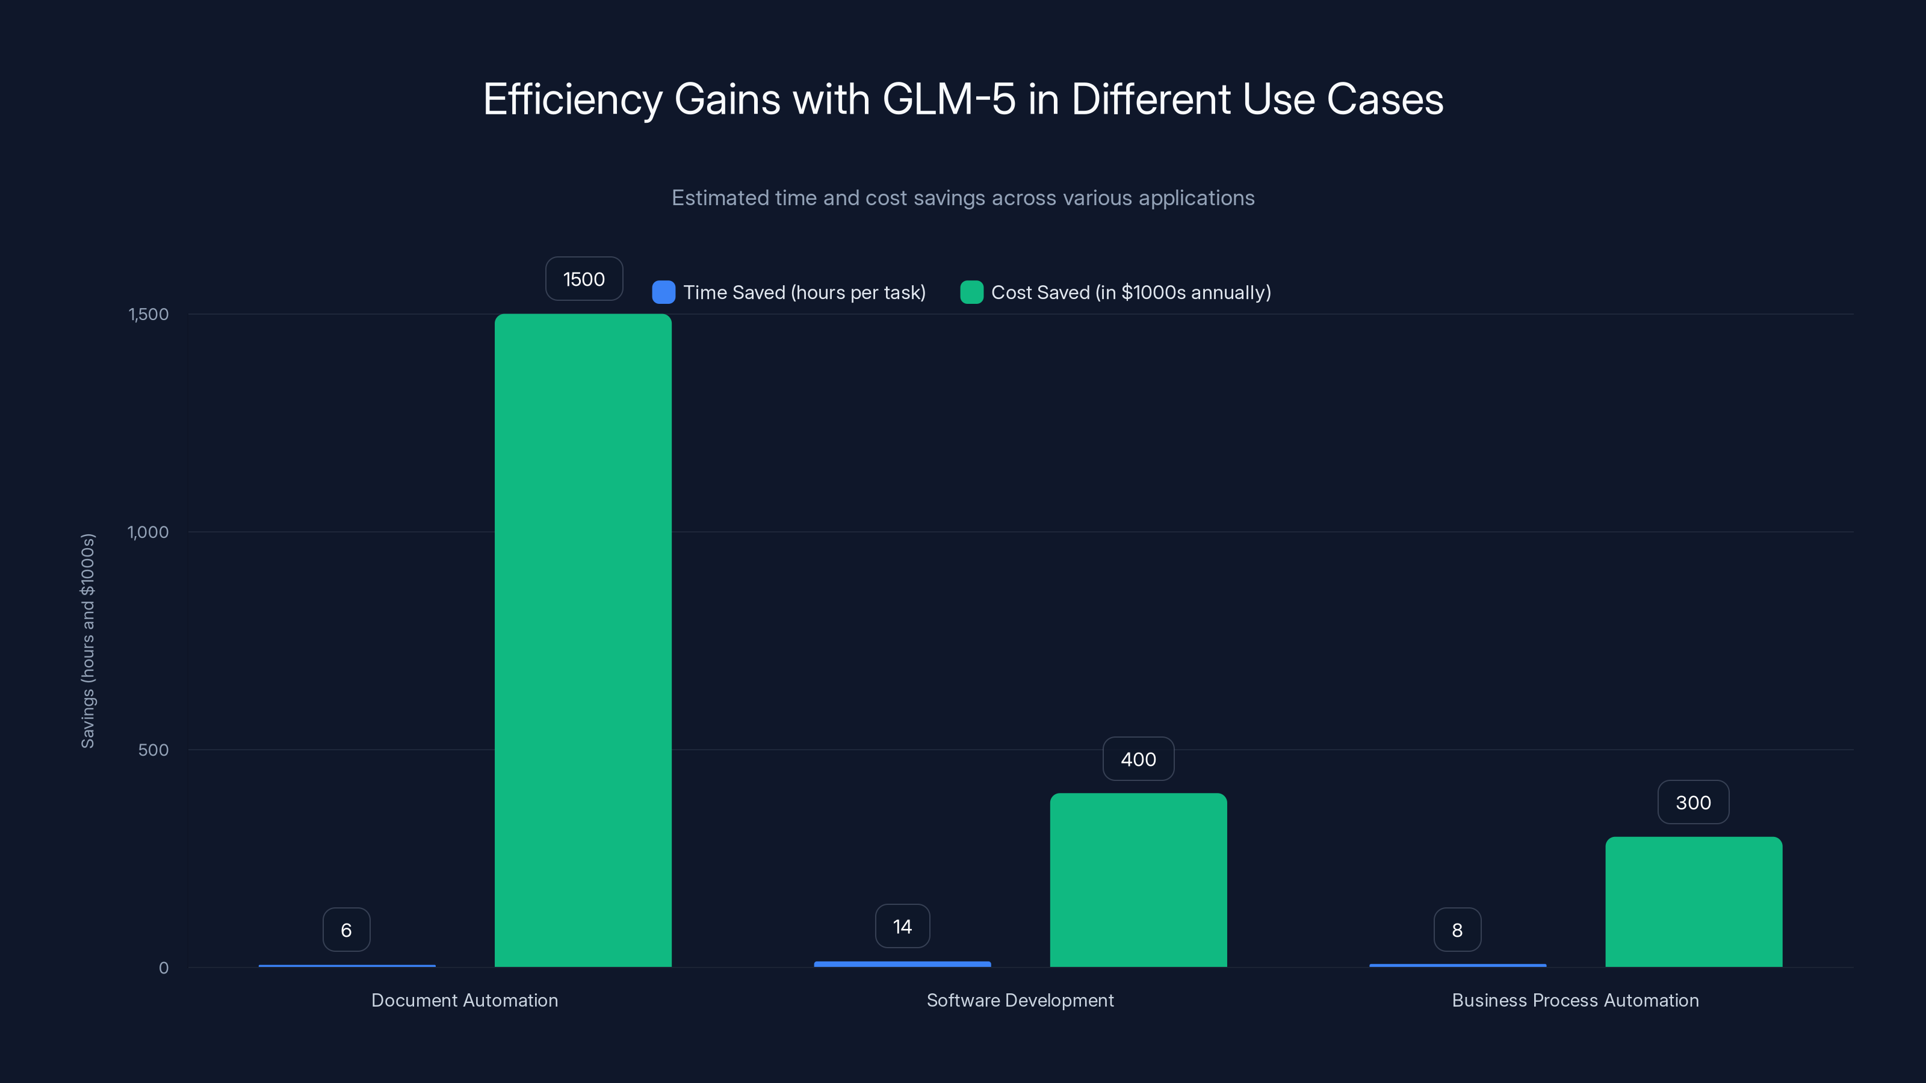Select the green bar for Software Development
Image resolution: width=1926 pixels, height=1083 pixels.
click(1138, 880)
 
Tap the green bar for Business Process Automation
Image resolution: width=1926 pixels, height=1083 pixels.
click(1694, 901)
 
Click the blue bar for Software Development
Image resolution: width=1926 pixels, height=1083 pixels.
click(902, 964)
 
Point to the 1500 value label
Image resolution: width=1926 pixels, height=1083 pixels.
click(583, 279)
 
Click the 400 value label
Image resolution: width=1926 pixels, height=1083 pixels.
click(1138, 759)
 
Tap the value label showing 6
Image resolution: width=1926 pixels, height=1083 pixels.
click(346, 930)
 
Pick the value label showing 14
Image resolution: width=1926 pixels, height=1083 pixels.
click(902, 926)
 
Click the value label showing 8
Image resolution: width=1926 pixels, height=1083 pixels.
click(1457, 930)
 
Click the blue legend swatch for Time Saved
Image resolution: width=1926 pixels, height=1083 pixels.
click(663, 292)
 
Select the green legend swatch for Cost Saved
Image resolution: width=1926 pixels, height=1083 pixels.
click(971, 292)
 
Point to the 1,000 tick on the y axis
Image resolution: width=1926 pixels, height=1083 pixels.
click(148, 532)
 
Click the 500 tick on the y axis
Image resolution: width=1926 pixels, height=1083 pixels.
click(153, 750)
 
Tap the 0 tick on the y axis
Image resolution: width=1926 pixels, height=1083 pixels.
click(164, 968)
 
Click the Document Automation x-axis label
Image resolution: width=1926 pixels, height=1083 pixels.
click(464, 1000)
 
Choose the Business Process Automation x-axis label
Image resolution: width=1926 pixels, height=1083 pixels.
click(1575, 1000)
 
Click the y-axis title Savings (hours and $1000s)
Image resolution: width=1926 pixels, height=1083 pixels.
click(87, 641)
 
